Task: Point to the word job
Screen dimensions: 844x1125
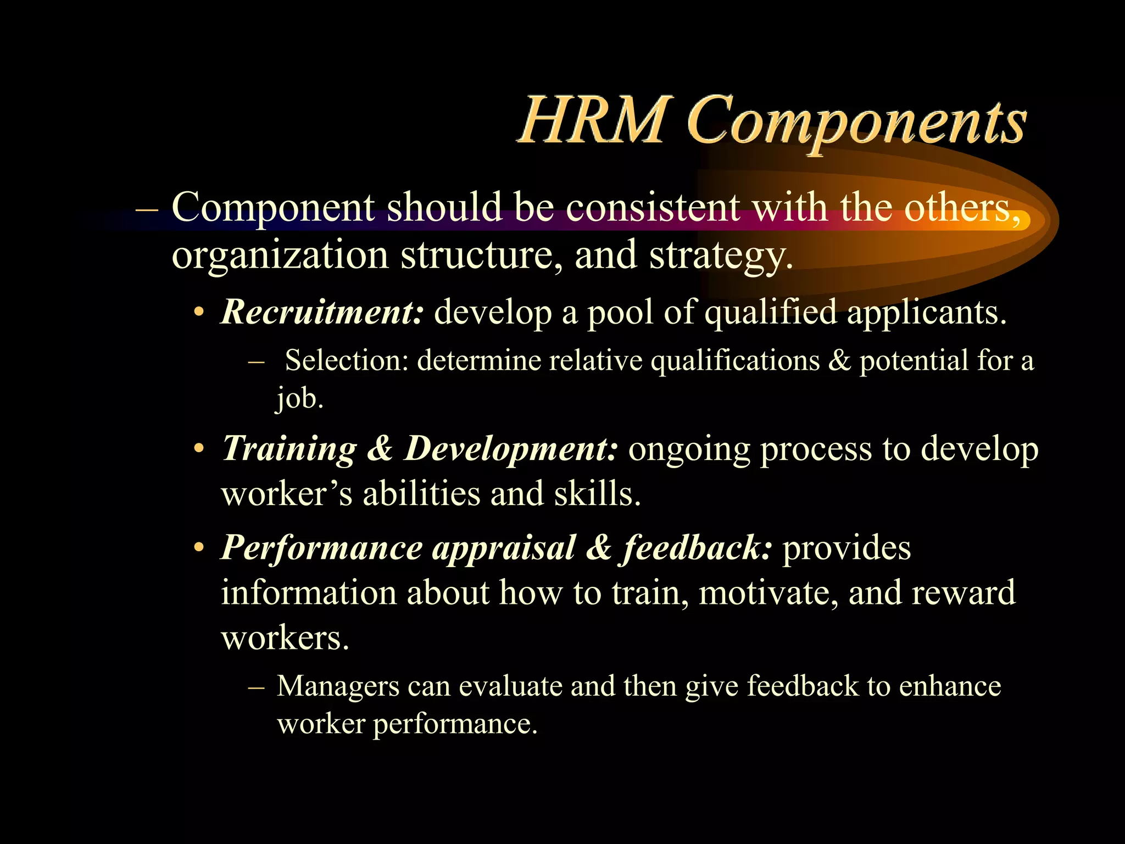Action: pyautogui.click(x=299, y=398)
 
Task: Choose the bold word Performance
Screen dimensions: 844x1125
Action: pyautogui.click(x=322, y=548)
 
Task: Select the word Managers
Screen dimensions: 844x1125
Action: pyautogui.click(x=338, y=686)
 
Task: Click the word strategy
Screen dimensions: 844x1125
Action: pyautogui.click(x=721, y=256)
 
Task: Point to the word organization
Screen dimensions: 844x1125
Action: pyautogui.click(x=280, y=256)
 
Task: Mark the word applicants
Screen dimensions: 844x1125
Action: pyautogui.click(x=927, y=312)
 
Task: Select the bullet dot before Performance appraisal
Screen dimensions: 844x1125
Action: pyautogui.click(x=199, y=549)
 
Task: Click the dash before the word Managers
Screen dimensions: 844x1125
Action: pyautogui.click(x=257, y=687)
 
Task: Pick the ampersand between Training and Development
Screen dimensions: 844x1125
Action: pyautogui.click(x=380, y=448)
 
